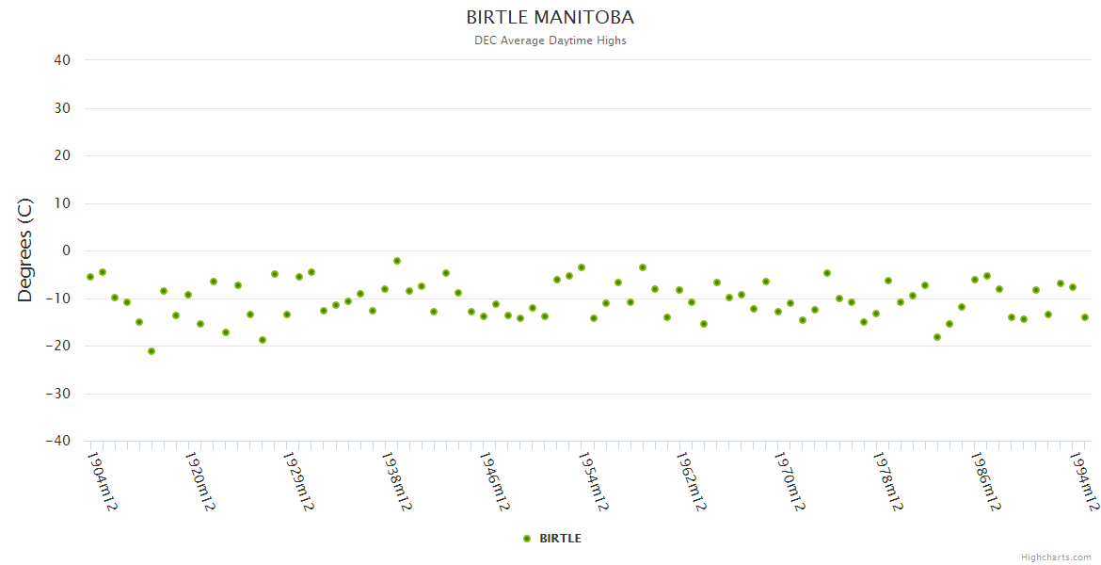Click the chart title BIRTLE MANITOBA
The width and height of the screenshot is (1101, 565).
[550, 18]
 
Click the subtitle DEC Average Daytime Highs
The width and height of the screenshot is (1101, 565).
[550, 40]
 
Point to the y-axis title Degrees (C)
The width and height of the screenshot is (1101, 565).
[25, 250]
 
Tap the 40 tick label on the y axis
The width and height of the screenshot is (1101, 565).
[62, 60]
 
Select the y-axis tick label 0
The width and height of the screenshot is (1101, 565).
[66, 250]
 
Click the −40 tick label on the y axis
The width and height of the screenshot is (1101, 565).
[58, 441]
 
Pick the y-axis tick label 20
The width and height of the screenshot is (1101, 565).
[62, 155]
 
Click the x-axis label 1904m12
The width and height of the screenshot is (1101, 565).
[102, 480]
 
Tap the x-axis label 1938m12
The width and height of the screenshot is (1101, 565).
[396, 480]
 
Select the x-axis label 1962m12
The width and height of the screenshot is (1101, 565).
[691, 480]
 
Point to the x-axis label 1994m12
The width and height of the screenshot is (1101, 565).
[1084, 480]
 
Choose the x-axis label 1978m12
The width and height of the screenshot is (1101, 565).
[887, 480]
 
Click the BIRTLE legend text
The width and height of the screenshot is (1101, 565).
[560, 539]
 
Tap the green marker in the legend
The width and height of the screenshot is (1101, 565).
[527, 539]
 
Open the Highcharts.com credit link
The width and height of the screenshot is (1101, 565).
[1056, 557]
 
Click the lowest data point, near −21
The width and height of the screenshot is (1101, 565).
[152, 351]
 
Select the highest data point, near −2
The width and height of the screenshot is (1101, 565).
[397, 261]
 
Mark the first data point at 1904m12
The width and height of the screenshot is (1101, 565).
[90, 277]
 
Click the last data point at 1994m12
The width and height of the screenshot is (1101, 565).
[1085, 317]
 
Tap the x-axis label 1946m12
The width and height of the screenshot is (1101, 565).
[494, 480]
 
